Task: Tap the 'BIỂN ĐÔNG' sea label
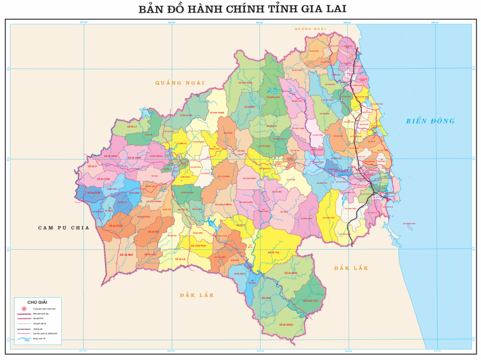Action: (430, 121)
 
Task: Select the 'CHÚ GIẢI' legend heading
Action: (38, 302)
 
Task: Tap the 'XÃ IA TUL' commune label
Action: (274, 252)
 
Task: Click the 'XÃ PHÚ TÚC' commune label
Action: (310, 301)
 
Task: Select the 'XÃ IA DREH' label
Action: (285, 324)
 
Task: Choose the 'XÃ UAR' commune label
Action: (266, 298)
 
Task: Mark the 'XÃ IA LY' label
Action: (132, 126)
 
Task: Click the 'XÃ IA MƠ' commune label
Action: (127, 254)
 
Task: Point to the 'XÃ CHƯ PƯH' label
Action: (198, 245)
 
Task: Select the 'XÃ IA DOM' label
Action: (94, 193)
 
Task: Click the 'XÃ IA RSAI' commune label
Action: (291, 273)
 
